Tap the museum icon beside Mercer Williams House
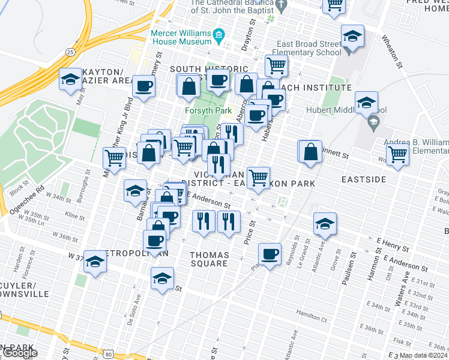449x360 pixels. pos(219,35)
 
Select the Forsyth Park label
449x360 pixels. pos(203,110)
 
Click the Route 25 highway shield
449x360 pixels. pos(71,52)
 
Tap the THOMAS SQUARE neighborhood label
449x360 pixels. pos(209,259)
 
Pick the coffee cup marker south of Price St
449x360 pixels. pos(270,254)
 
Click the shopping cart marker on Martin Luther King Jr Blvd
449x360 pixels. pos(113,158)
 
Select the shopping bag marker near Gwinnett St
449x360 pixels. pos(310,152)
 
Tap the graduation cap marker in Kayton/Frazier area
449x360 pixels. pos(70,79)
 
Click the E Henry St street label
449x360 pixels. pos(393,244)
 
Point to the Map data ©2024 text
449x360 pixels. pos(423,355)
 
